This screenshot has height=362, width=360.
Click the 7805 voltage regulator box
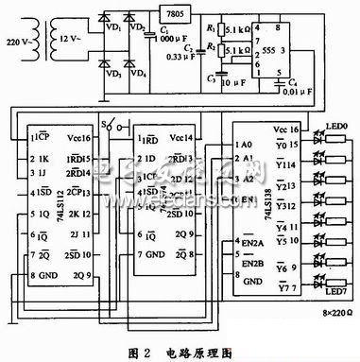173,15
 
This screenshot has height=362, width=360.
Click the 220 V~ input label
21,41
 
